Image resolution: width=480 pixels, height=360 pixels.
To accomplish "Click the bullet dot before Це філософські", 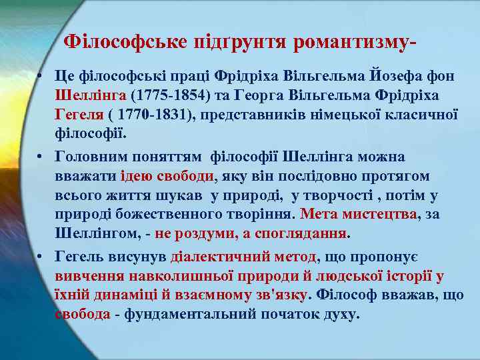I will [x=41, y=76].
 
